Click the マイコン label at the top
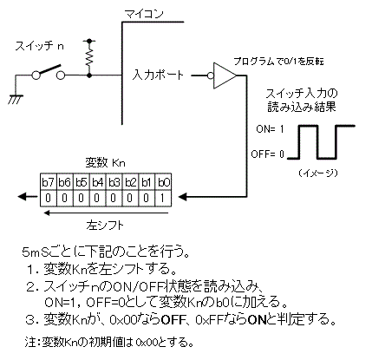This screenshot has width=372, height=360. [x=148, y=14]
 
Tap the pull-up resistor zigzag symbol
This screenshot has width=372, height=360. [x=88, y=57]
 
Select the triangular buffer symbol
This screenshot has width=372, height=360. [x=223, y=75]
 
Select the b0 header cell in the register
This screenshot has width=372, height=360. [x=164, y=183]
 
